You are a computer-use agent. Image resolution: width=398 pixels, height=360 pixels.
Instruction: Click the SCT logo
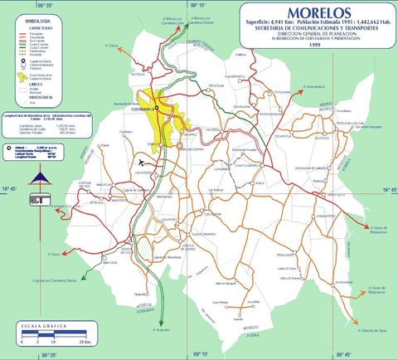38,197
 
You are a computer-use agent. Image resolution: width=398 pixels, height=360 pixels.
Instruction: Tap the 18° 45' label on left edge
8,188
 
